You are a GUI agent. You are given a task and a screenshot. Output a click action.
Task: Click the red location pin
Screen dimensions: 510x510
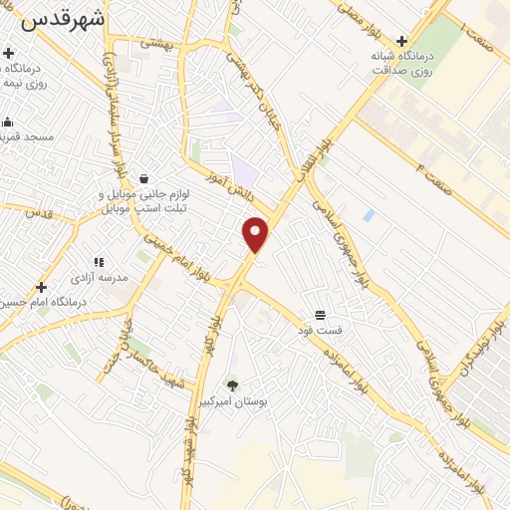point(256,234)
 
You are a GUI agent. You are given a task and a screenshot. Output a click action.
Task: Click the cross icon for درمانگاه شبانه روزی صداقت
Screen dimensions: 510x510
point(401,41)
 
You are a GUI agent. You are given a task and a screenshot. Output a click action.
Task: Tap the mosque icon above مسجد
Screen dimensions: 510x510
point(7,123)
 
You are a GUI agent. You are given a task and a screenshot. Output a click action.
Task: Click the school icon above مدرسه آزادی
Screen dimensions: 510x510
point(99,262)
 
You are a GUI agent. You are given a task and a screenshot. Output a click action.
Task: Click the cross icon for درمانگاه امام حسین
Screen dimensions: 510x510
point(41,287)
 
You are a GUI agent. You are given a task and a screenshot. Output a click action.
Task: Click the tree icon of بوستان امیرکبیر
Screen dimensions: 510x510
point(232,383)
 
